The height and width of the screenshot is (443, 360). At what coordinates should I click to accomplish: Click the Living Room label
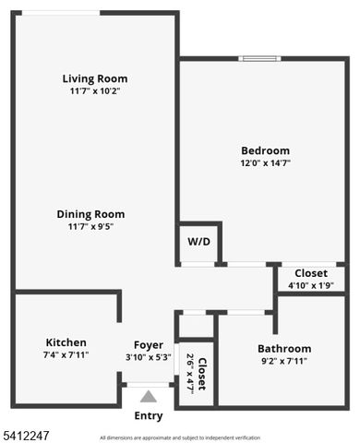(95, 78)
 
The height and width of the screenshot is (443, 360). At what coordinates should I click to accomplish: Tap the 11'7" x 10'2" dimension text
(95, 91)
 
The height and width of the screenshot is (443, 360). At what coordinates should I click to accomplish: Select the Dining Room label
(90, 213)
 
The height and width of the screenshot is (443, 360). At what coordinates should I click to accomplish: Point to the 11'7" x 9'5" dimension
(90, 226)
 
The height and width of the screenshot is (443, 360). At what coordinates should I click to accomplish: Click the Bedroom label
(265, 150)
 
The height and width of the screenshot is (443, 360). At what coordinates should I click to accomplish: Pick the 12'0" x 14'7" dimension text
(265, 163)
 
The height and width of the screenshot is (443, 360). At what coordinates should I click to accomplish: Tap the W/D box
(199, 242)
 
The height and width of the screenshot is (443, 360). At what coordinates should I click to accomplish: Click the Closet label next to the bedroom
(310, 273)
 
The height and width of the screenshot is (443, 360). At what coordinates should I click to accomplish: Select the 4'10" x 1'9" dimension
(310, 285)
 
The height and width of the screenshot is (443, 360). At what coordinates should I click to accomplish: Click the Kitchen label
(66, 341)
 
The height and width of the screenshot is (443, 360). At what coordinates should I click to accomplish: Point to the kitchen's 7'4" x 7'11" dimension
(66, 354)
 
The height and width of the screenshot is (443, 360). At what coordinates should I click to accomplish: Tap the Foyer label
(148, 345)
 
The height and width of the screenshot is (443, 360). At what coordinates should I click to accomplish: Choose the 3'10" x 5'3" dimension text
(148, 357)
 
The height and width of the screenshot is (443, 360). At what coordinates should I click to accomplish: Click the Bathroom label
(284, 348)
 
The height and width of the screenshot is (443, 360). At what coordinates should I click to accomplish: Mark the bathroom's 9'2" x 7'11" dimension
(284, 361)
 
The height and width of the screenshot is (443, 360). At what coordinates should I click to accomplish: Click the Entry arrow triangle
(148, 396)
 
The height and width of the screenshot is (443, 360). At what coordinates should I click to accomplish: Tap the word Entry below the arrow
(148, 416)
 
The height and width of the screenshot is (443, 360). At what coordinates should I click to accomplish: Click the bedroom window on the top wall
(260, 59)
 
